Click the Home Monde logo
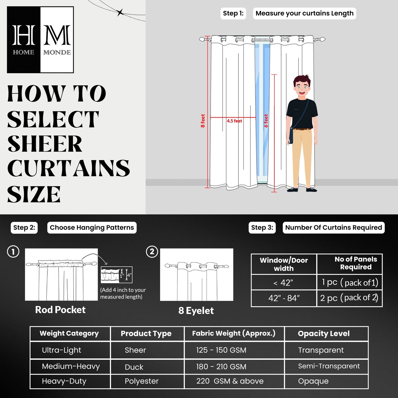pos(40,40)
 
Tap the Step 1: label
pos(233,13)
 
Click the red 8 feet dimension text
pos(203,121)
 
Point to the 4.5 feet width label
pos(234,121)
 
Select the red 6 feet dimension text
pos(266,121)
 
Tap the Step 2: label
pos(24,228)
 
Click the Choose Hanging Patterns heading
pos(92,228)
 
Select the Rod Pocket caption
pos(60,310)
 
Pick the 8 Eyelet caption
pos(196,311)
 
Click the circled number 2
pos(152,252)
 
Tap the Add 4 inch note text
pos(123,293)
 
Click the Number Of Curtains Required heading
pos(334,228)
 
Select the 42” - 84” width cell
pos(284,298)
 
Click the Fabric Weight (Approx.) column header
pos(234,334)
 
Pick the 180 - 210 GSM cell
pos(221,367)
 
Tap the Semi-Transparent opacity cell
pos(329,366)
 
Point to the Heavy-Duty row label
pos(64,381)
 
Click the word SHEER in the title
pos(45,144)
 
